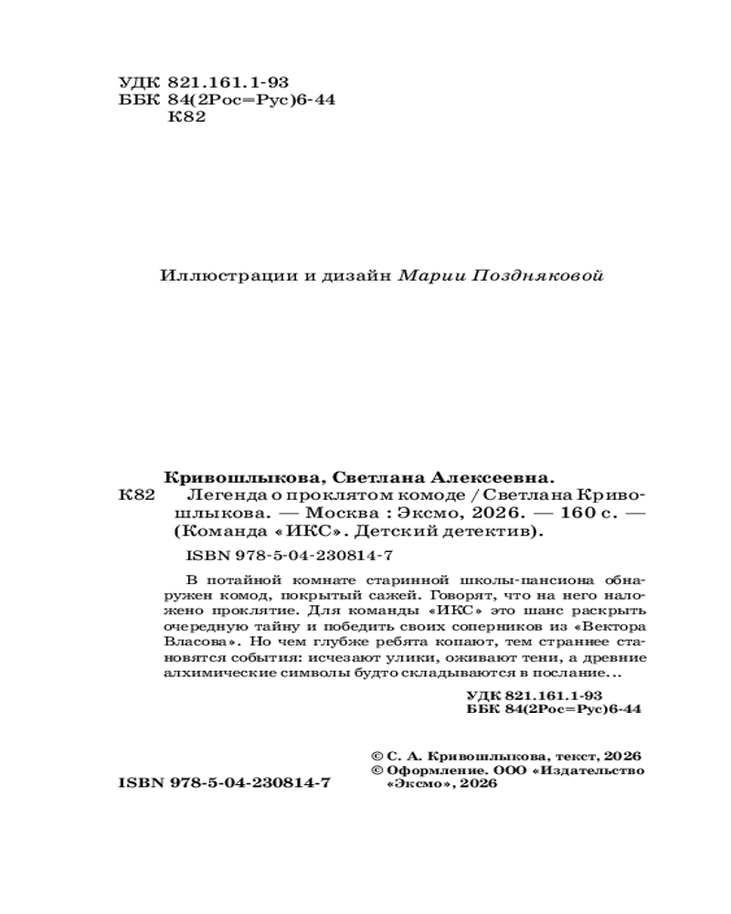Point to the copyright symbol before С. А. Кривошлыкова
point(376,755)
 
